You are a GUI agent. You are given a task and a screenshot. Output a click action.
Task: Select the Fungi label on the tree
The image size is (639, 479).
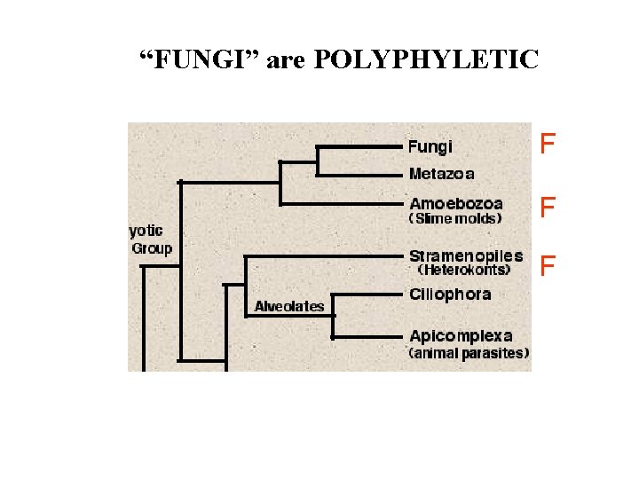coord(430,146)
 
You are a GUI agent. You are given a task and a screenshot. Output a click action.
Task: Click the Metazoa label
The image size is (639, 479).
coord(441,174)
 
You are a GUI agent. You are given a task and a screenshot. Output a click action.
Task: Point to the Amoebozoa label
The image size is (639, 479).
coord(455,203)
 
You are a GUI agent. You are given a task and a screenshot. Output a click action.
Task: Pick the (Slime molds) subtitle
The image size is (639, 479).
coord(454,218)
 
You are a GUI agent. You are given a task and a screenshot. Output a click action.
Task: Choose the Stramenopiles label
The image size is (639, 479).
coord(466,255)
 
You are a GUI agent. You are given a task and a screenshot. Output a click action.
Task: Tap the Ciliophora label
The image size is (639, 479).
coord(450,294)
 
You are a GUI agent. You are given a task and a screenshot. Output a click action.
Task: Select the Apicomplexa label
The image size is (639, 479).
coord(461,336)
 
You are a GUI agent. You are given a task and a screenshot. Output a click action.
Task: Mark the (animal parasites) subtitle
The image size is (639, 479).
coord(469,352)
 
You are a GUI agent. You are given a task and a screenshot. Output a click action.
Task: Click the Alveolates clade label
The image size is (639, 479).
coord(289,307)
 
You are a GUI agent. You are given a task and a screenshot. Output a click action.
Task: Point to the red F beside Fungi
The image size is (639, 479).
coord(548,143)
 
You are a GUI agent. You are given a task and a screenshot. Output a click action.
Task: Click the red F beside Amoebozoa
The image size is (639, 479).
coord(548,208)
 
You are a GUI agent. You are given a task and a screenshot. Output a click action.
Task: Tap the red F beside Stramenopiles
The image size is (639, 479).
coord(548,265)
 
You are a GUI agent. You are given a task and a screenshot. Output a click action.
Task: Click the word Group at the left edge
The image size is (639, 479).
coord(152,248)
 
